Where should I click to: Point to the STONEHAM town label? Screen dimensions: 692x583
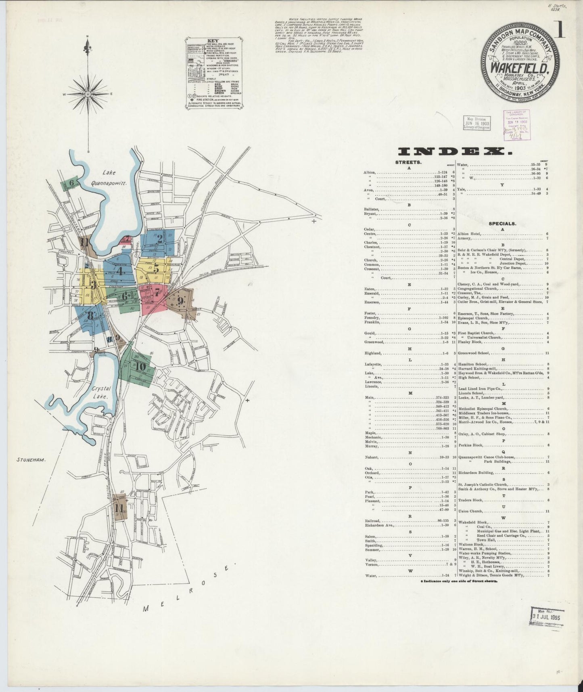(x=30, y=459)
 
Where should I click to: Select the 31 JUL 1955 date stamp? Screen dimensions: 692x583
(x=547, y=617)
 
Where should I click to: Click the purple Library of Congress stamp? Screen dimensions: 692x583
(x=517, y=125)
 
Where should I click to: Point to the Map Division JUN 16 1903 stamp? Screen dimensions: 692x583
(x=477, y=122)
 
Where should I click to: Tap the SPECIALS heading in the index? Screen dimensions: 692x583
(x=502, y=223)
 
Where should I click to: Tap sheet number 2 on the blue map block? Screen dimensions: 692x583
(x=160, y=239)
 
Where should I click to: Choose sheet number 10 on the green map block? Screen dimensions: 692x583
(x=140, y=367)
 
